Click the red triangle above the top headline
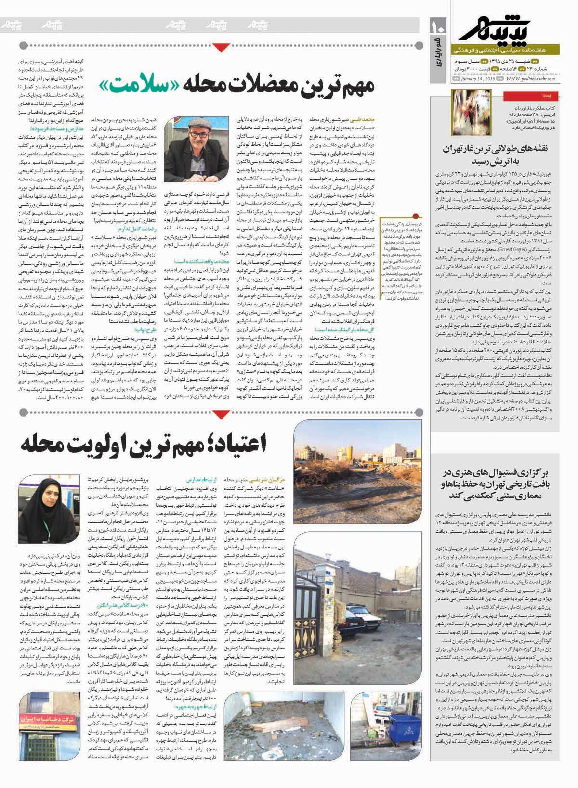tap(220, 47)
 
